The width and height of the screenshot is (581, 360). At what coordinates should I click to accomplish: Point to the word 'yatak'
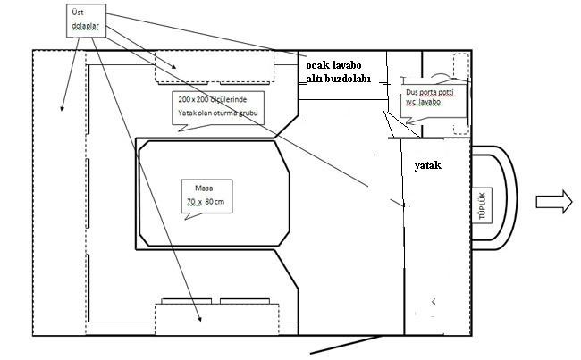[429, 166]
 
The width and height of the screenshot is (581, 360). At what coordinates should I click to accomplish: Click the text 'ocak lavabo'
[333, 65]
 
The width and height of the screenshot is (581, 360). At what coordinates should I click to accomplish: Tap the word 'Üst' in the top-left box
[79, 14]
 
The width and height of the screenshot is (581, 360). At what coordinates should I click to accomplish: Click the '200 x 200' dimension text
[192, 97]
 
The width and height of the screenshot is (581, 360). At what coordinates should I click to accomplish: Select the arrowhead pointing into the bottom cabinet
[199, 319]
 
